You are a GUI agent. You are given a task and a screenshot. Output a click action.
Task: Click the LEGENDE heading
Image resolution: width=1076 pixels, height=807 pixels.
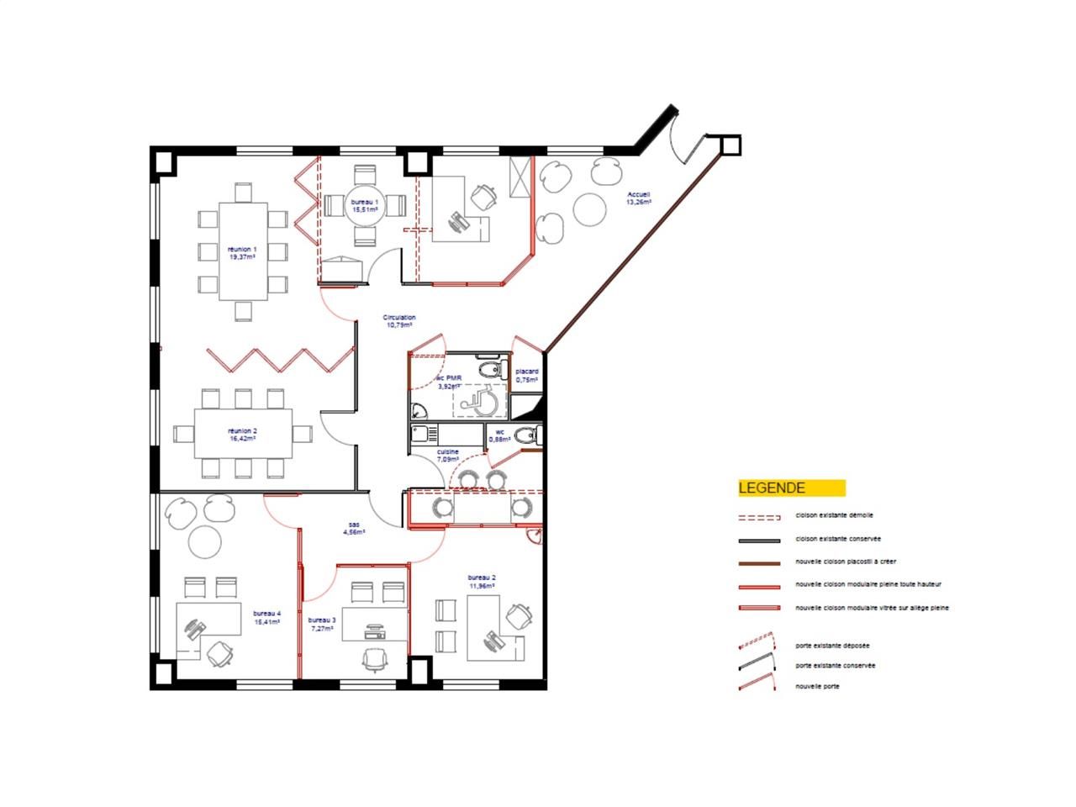(772, 488)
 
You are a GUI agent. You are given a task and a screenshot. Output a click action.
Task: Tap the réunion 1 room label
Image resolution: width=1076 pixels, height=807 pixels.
(243, 253)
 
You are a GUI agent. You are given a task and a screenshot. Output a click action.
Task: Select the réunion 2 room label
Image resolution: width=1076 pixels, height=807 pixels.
(243, 434)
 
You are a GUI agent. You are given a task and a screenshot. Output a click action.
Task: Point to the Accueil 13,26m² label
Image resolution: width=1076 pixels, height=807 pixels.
(639, 198)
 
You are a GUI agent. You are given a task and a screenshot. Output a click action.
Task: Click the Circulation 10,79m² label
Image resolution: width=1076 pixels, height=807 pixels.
(399, 320)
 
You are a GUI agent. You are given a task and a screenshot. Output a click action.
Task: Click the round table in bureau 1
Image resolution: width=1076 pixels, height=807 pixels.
(365, 206)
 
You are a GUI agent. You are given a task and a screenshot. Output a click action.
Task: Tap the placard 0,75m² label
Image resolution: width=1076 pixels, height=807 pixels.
(527, 375)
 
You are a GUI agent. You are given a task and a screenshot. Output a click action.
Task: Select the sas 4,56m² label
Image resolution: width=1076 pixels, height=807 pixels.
(353, 527)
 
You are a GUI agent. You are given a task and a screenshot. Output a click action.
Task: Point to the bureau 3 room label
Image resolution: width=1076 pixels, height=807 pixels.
(323, 624)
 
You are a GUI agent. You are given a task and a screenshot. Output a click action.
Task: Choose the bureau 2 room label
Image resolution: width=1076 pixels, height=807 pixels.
(482, 582)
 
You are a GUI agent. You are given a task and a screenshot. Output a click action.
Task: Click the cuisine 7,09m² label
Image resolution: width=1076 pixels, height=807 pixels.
(447, 456)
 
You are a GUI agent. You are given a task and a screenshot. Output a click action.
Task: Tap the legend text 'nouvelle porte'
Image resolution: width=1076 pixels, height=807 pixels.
(817, 687)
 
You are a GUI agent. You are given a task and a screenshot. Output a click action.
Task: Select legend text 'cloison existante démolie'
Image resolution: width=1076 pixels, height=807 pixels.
(836, 516)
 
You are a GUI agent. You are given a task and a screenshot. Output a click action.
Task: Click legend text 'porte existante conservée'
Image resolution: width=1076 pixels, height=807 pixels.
(835, 665)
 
